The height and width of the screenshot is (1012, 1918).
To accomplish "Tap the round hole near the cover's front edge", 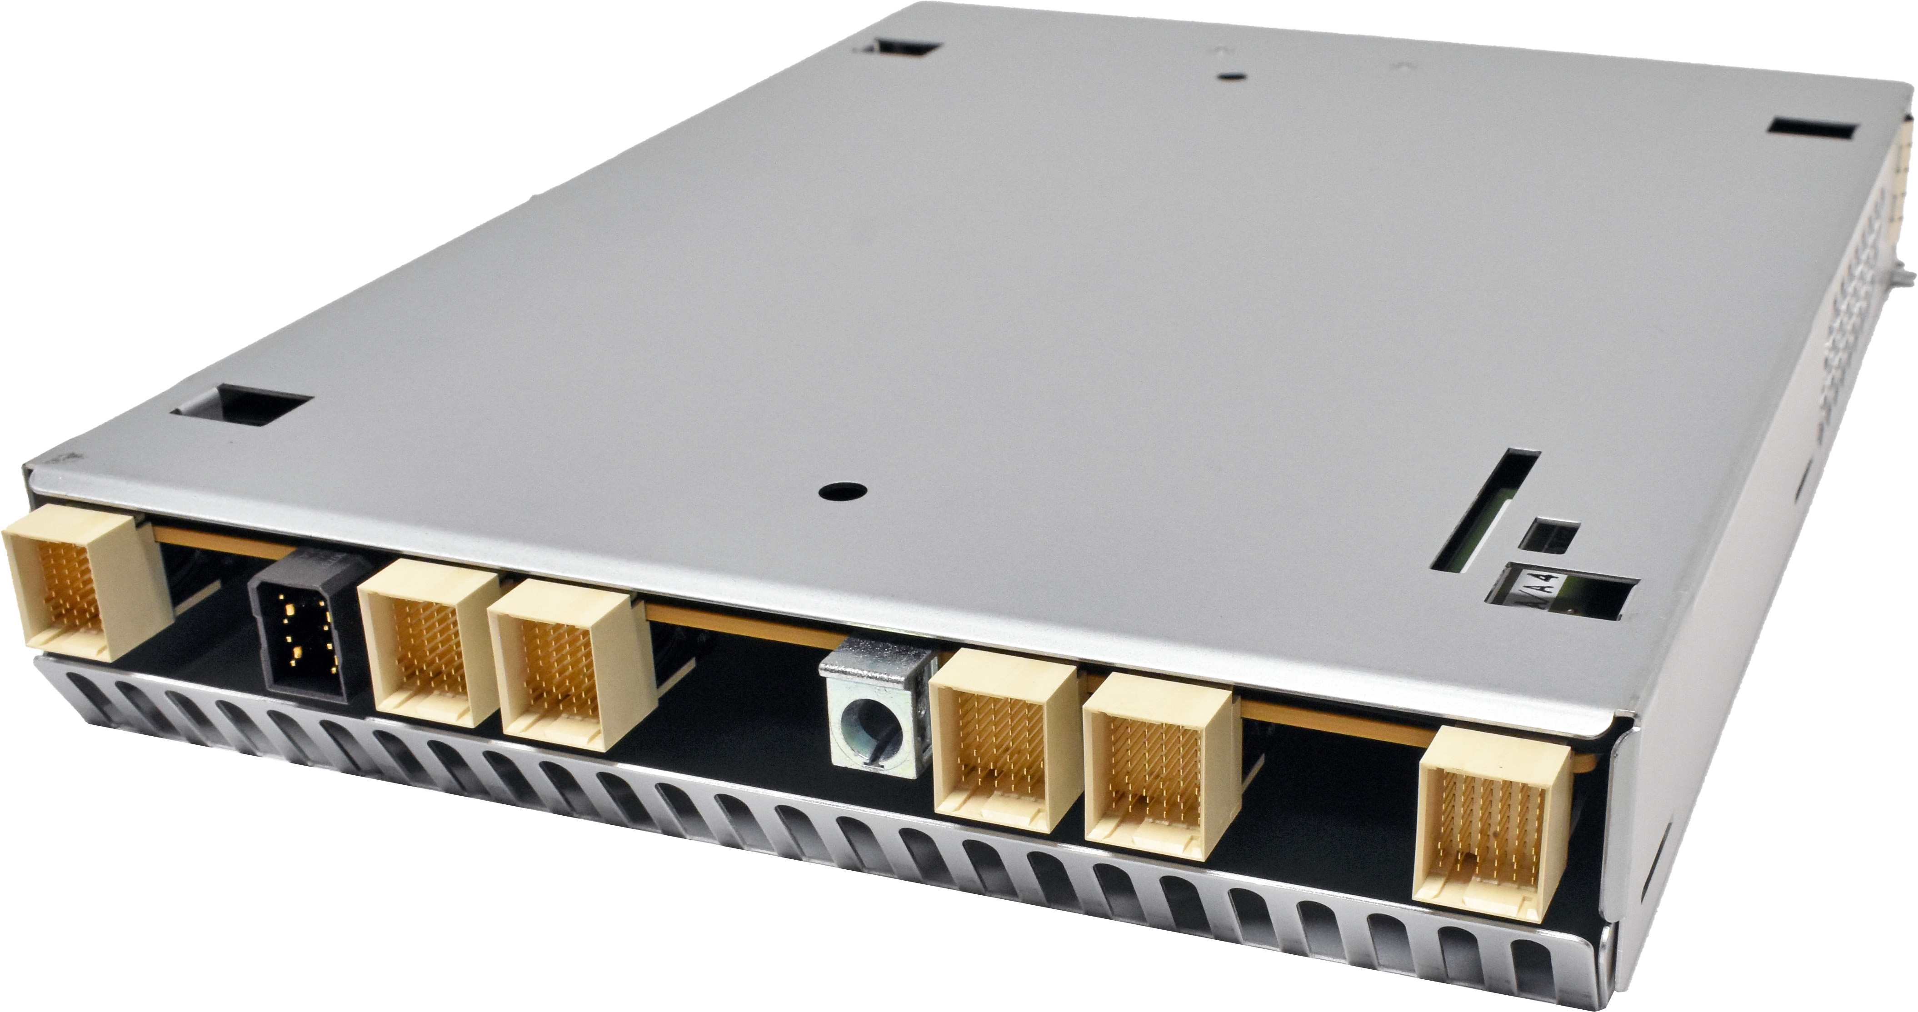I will [841, 492].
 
